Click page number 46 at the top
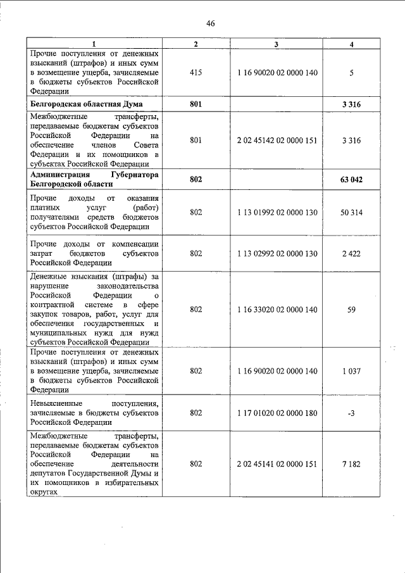tap(211, 23)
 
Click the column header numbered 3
tap(277, 44)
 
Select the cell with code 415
tap(196, 73)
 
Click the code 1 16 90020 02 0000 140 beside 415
tap(277, 73)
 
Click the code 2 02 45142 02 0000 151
tap(277, 140)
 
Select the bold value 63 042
tap(351, 180)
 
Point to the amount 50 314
tap(351, 212)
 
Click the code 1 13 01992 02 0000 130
tap(277, 212)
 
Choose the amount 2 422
tap(351, 253)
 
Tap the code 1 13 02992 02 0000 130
tap(277, 253)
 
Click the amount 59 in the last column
tap(351, 309)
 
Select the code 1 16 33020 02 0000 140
tap(277, 309)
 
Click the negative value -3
tap(351, 413)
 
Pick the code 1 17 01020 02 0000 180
tap(277, 413)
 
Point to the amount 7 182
tap(351, 464)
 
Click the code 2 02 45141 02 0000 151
tap(277, 464)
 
